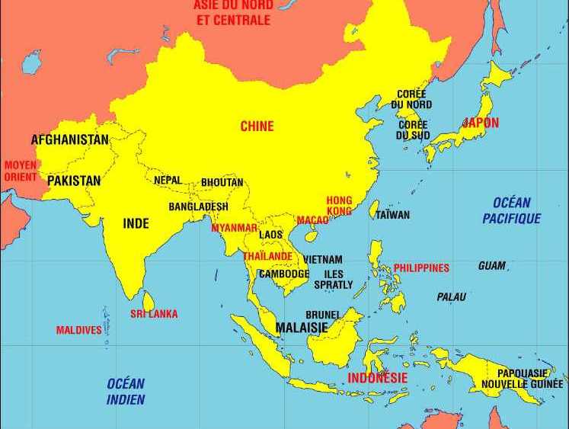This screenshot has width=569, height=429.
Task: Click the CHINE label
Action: click(257, 126)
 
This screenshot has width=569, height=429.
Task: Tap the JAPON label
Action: click(481, 123)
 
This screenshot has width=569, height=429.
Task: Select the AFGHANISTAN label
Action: click(69, 140)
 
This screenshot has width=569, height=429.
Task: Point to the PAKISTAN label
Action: click(73, 181)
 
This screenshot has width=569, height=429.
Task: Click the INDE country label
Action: click(136, 224)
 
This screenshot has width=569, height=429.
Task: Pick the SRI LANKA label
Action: click(154, 314)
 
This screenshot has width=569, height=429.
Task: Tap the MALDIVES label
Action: click(78, 331)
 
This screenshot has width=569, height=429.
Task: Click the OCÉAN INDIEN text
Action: click(126, 392)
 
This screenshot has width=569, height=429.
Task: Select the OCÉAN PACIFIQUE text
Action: click(512, 211)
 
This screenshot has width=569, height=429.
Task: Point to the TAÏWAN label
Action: click(392, 215)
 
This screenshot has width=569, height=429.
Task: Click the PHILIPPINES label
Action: click(421, 268)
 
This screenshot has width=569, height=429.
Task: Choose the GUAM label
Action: click(491, 266)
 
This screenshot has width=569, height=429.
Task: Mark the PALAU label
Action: click(451, 297)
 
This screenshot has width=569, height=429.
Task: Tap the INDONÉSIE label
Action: click(378, 378)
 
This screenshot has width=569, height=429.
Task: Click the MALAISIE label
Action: click(302, 328)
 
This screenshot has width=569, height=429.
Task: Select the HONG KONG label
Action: click(339, 206)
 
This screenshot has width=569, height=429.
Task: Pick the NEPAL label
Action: click(168, 181)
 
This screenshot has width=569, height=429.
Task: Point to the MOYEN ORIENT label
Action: click(20, 171)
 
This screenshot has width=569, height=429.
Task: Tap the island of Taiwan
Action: click(374, 209)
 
